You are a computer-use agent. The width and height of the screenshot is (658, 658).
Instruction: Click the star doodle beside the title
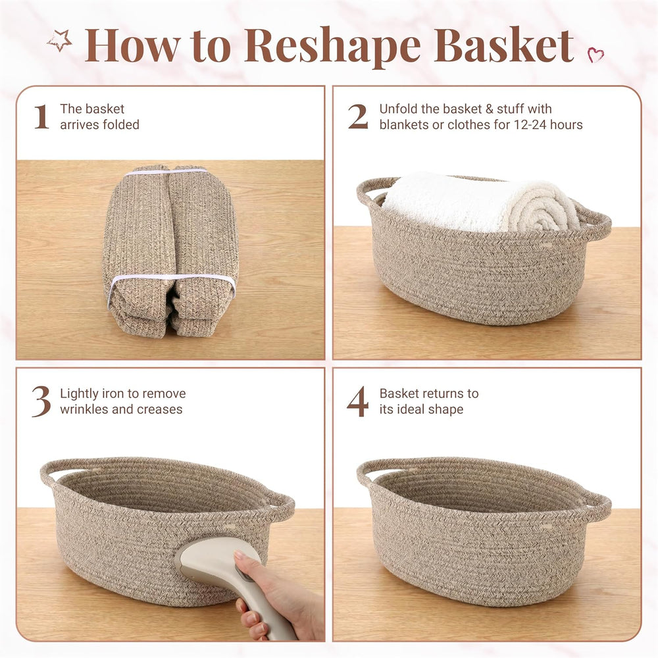coord(60,41)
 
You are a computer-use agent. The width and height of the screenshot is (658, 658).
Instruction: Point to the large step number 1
coord(41,116)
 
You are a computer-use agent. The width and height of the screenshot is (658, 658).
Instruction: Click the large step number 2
coord(358,116)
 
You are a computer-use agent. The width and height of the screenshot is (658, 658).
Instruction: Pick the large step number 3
coord(41,402)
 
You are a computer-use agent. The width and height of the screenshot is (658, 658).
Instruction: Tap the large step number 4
coord(357,401)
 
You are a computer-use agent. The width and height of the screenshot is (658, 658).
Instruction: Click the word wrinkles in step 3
coord(84,409)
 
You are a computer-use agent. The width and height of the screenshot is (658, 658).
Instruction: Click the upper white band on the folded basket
coord(166,172)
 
